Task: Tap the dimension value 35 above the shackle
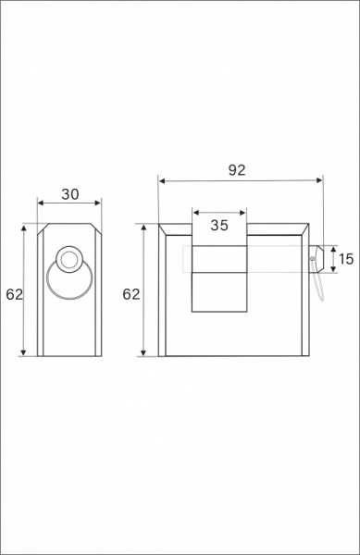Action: point(219,224)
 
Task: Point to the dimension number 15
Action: point(346,260)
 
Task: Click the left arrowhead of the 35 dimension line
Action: point(194,211)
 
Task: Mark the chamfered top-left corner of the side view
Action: point(40,229)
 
